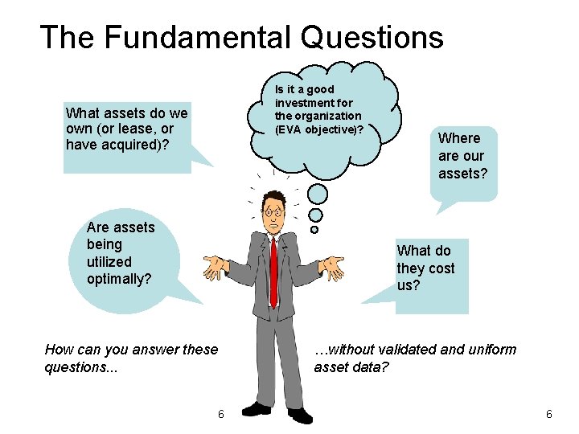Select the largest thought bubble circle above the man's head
click(x=318, y=194)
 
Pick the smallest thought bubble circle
click(x=314, y=229)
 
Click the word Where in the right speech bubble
click(x=458, y=138)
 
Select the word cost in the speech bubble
click(x=441, y=268)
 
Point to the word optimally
click(x=119, y=279)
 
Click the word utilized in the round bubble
click(x=109, y=261)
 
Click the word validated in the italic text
click(x=395, y=349)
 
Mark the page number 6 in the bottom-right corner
click(x=549, y=414)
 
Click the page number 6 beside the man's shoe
click(x=220, y=414)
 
